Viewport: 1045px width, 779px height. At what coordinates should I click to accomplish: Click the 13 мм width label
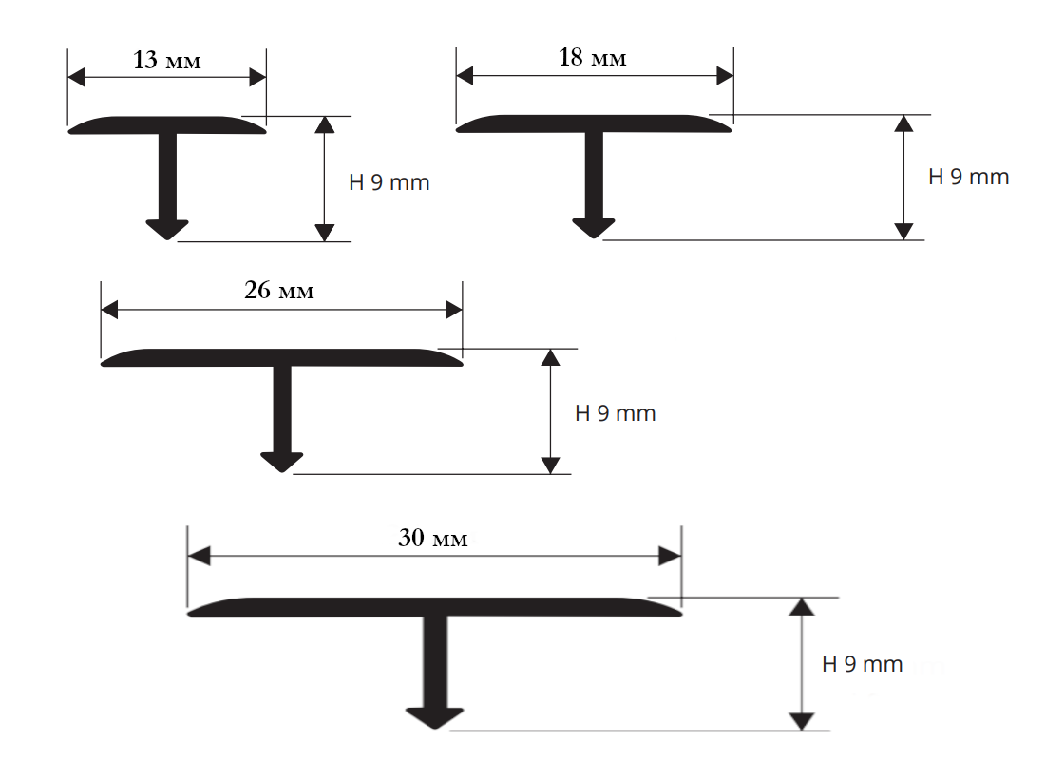point(166,60)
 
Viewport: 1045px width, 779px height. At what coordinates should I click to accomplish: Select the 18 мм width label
point(593,57)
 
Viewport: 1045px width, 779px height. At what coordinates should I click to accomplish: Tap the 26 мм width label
point(278,290)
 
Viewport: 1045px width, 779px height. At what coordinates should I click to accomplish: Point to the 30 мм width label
point(433,538)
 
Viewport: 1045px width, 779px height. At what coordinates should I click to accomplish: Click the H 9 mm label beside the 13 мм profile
point(389,181)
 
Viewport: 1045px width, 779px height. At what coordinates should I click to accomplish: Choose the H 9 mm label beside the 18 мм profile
point(968,177)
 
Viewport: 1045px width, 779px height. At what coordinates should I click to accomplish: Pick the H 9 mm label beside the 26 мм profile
point(616,413)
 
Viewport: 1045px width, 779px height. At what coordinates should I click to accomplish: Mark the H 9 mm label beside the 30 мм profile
point(863,664)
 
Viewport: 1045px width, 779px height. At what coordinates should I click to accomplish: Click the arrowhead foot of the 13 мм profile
point(167,229)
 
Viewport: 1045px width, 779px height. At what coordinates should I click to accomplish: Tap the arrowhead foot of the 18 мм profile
point(593,228)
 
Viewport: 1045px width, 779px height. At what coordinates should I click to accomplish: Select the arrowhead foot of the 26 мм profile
point(282,463)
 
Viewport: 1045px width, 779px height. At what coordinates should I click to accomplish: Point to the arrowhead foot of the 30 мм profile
point(434,718)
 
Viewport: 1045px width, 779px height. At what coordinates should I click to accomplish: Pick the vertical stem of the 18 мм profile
point(594,176)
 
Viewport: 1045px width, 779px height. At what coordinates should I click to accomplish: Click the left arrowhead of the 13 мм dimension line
point(77,77)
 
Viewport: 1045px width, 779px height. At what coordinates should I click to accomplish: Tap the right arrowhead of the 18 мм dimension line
point(725,76)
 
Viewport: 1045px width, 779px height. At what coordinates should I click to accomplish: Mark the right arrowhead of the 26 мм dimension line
point(454,310)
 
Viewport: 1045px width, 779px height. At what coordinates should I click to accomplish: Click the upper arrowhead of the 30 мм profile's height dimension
point(802,606)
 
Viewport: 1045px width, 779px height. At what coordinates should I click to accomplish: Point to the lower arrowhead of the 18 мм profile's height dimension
point(903,231)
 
